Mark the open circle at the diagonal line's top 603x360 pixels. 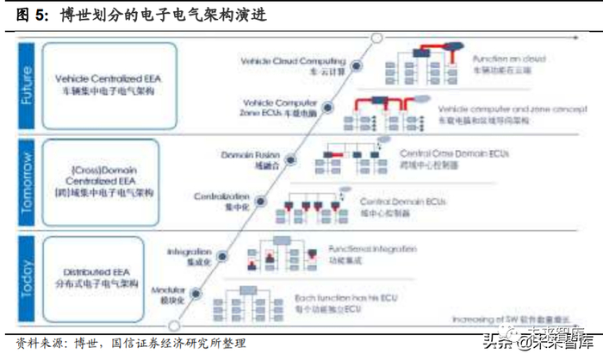coord(376,38)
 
